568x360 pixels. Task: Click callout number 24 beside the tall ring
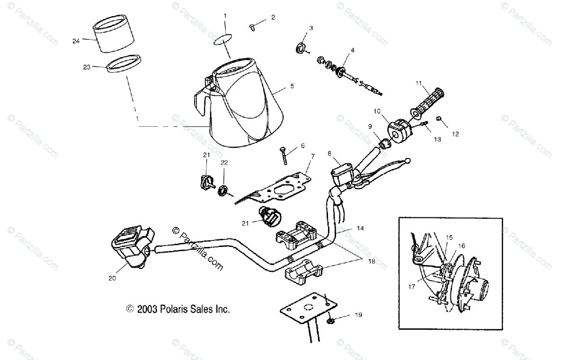pyautogui.click(x=76, y=41)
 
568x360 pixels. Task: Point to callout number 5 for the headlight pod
pyautogui.click(x=292, y=87)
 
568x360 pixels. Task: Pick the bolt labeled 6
pyautogui.click(x=285, y=155)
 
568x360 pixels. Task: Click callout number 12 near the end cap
pyautogui.click(x=455, y=134)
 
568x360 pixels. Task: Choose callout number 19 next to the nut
pyautogui.click(x=358, y=314)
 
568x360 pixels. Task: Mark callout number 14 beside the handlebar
pyautogui.click(x=360, y=228)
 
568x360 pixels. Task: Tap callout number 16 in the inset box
pyautogui.click(x=461, y=246)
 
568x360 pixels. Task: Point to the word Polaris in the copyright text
pyautogui.click(x=172, y=309)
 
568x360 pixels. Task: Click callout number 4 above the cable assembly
pyautogui.click(x=352, y=50)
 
